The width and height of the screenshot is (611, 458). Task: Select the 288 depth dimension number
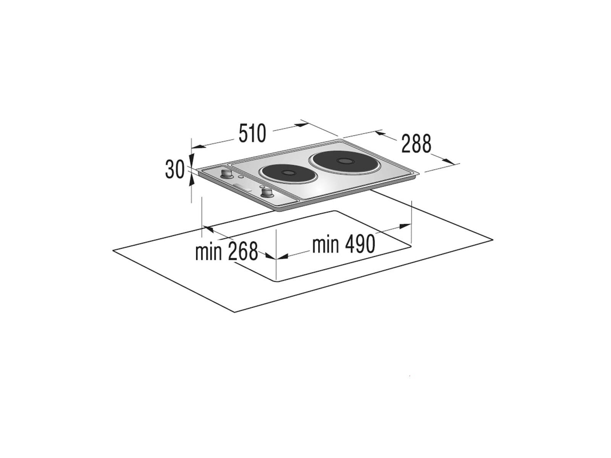point(416,143)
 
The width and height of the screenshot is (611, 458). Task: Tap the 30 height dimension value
point(175,169)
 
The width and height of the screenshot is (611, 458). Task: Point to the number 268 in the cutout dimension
point(243,252)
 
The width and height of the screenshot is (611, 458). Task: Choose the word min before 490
point(325,244)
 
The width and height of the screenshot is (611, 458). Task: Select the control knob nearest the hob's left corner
point(226,174)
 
